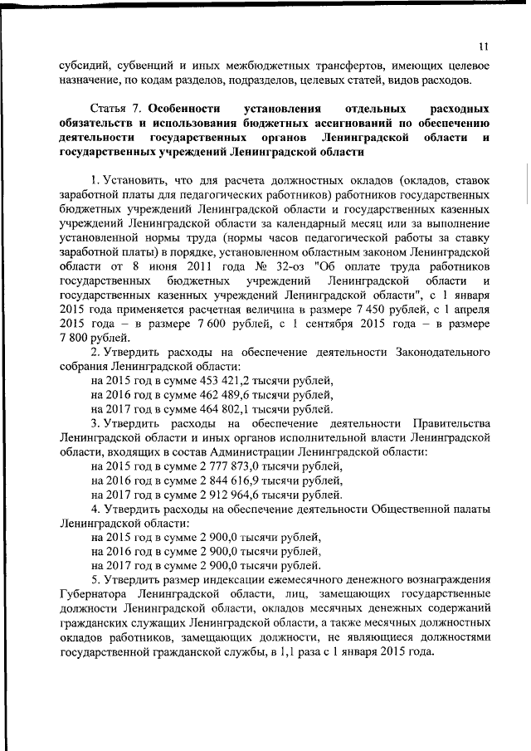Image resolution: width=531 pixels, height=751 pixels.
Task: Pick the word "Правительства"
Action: point(446,423)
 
